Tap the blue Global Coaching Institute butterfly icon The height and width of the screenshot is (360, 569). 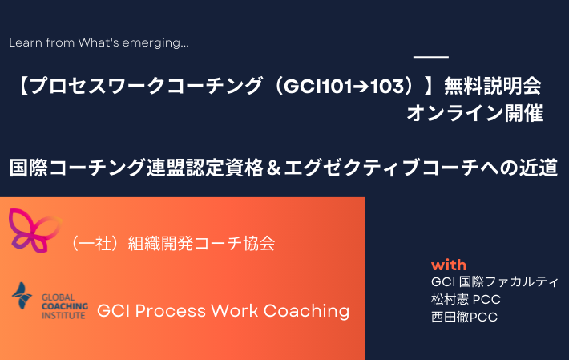tap(22, 296)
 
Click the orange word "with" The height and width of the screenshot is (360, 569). tap(449, 265)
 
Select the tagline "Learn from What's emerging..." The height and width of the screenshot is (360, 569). tap(99, 42)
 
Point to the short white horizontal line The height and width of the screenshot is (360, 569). tap(431, 57)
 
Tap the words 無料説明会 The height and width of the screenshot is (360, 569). tap(492, 87)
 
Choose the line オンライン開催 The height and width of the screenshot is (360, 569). tap(474, 113)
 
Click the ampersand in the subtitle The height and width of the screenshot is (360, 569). tap(273, 168)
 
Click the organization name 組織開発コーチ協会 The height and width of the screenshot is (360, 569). tap(201, 243)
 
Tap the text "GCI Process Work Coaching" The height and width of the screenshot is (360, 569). tap(223, 311)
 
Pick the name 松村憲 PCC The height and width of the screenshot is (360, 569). tap(466, 299)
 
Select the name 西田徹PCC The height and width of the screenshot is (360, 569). tap(464, 317)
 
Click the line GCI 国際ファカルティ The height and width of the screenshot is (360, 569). tap(494, 281)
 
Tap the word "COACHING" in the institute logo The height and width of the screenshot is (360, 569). tap(65, 306)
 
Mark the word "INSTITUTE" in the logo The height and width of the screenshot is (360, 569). tap(63, 315)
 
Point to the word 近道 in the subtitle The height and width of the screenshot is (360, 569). tap(539, 168)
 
